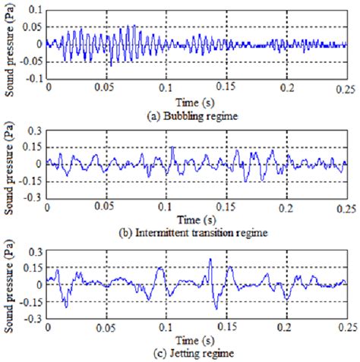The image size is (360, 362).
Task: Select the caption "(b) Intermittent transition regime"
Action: point(194,232)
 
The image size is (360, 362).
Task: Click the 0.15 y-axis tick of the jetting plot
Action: point(33,268)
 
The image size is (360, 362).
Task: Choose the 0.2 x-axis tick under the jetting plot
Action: point(286,327)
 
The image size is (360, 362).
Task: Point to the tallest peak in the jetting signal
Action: point(210,258)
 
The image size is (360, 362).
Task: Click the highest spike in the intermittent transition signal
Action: point(172,146)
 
